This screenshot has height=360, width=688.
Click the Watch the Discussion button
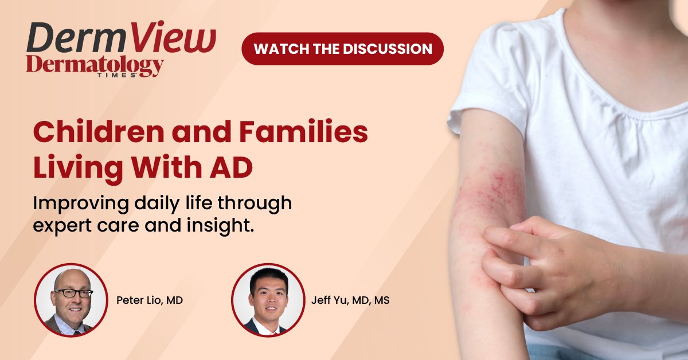[x=343, y=49]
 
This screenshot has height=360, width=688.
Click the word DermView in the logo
[x=121, y=40]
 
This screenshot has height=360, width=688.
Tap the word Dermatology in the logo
[x=95, y=66]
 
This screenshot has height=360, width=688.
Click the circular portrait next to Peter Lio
[x=71, y=300]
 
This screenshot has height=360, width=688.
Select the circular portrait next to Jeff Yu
[x=268, y=300]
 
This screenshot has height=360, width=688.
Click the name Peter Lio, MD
[x=150, y=300]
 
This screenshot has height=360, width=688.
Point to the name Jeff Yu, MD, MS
[x=349, y=300]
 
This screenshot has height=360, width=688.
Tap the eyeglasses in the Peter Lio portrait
[x=73, y=292]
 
